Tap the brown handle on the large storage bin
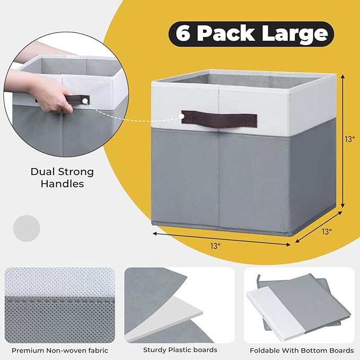[x=219, y=116]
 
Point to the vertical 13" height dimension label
[x=349, y=140]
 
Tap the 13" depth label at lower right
[x=327, y=231]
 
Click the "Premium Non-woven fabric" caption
[x=60, y=350]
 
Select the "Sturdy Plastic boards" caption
[x=180, y=350]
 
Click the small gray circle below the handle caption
[x=27, y=227]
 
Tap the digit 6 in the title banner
[x=183, y=34]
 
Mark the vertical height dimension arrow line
[x=343, y=141]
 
